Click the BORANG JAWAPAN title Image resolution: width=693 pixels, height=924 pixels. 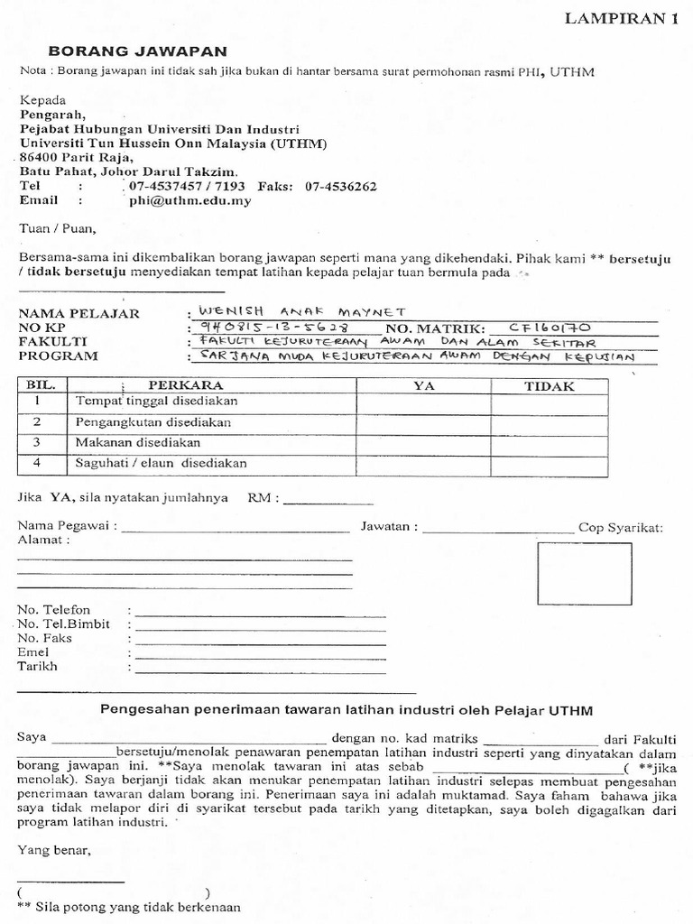point(137,52)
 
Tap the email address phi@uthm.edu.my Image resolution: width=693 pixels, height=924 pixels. point(189,201)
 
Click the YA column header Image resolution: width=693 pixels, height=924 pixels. point(423,385)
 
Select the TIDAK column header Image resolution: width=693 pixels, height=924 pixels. point(550,385)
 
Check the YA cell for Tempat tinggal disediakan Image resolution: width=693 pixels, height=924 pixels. point(423,402)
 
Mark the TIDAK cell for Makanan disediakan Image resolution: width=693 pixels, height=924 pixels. point(550,443)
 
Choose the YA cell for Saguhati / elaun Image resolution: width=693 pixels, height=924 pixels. point(423,463)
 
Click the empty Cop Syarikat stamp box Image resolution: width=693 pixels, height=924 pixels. point(584,574)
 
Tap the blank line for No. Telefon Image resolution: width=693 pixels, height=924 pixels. point(260,614)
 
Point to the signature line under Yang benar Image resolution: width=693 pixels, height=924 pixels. point(70,879)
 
